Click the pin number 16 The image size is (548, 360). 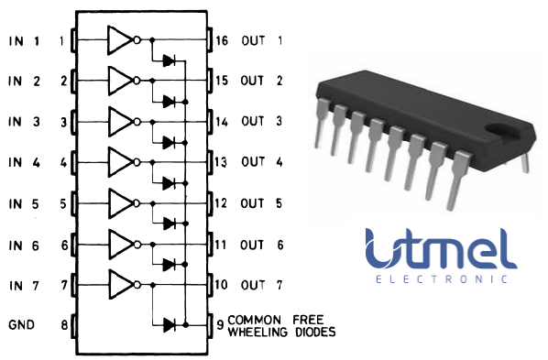[x=222, y=40]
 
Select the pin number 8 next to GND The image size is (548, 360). [x=63, y=324]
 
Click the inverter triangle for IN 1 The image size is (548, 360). [x=120, y=40]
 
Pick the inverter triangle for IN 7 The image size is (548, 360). [x=120, y=284]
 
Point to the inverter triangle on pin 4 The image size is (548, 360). [x=120, y=162]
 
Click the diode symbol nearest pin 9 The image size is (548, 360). [x=168, y=324]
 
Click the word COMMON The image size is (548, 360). [x=250, y=319]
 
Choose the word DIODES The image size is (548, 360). [x=312, y=331]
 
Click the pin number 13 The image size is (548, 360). [x=222, y=162]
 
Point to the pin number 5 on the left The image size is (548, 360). [x=63, y=202]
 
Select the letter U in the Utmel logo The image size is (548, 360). [x=378, y=247]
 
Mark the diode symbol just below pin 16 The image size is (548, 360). [x=168, y=60]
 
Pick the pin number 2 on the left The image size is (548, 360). [x=63, y=81]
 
